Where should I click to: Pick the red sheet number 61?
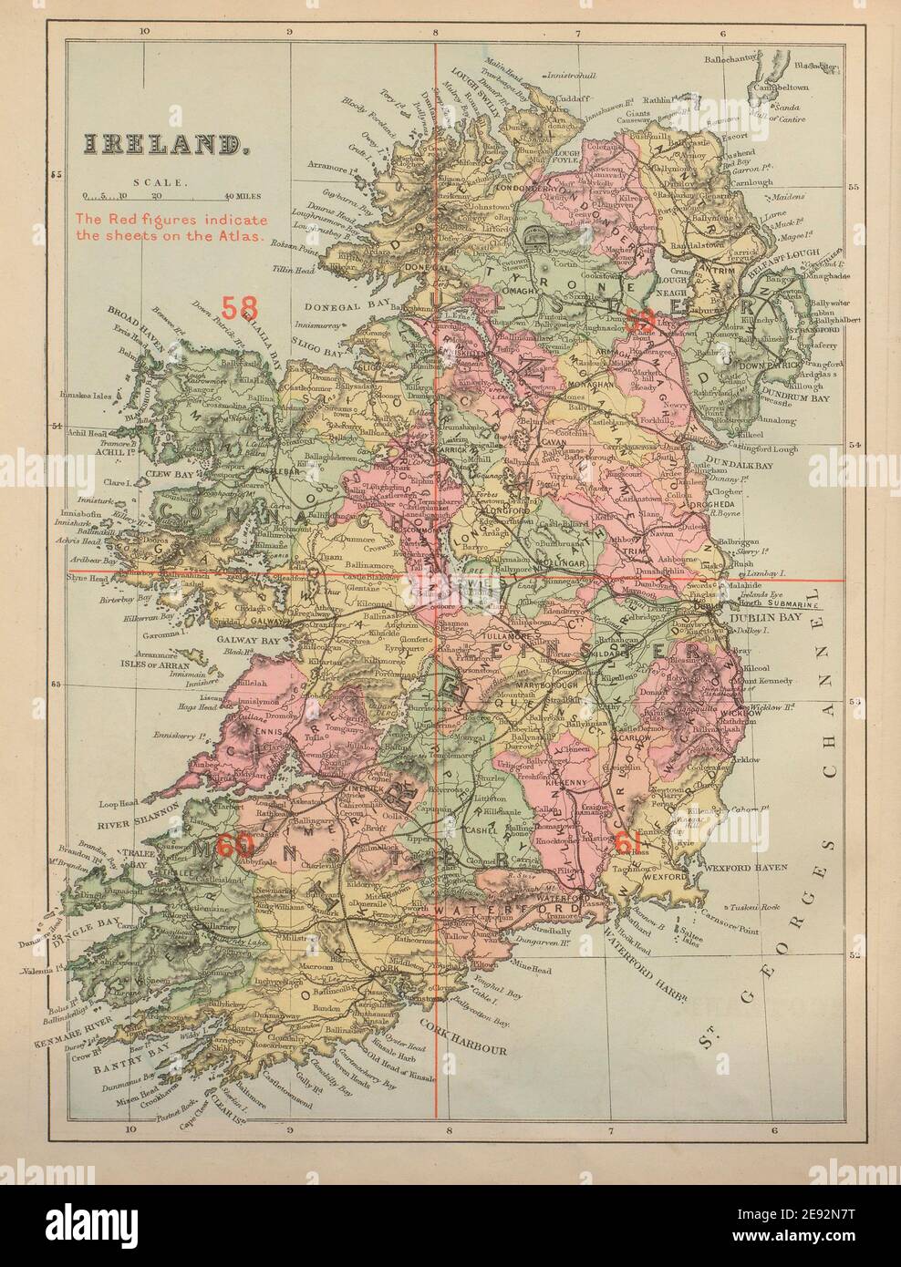click(x=628, y=842)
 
